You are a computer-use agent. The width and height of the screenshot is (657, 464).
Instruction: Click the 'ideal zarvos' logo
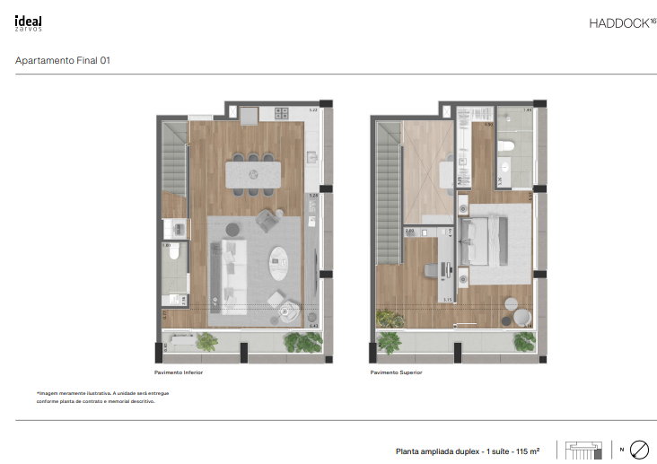coord(29,23)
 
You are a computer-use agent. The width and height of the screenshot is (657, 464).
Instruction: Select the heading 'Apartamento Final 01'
coord(63,61)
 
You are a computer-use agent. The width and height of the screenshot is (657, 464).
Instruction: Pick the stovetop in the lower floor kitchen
coord(280,114)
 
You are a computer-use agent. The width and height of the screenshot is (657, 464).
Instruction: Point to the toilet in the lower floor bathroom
coord(174,254)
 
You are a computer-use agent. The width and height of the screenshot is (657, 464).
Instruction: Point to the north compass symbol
coord(639,449)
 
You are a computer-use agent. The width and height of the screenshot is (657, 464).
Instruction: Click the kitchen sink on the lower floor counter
coord(312,158)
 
